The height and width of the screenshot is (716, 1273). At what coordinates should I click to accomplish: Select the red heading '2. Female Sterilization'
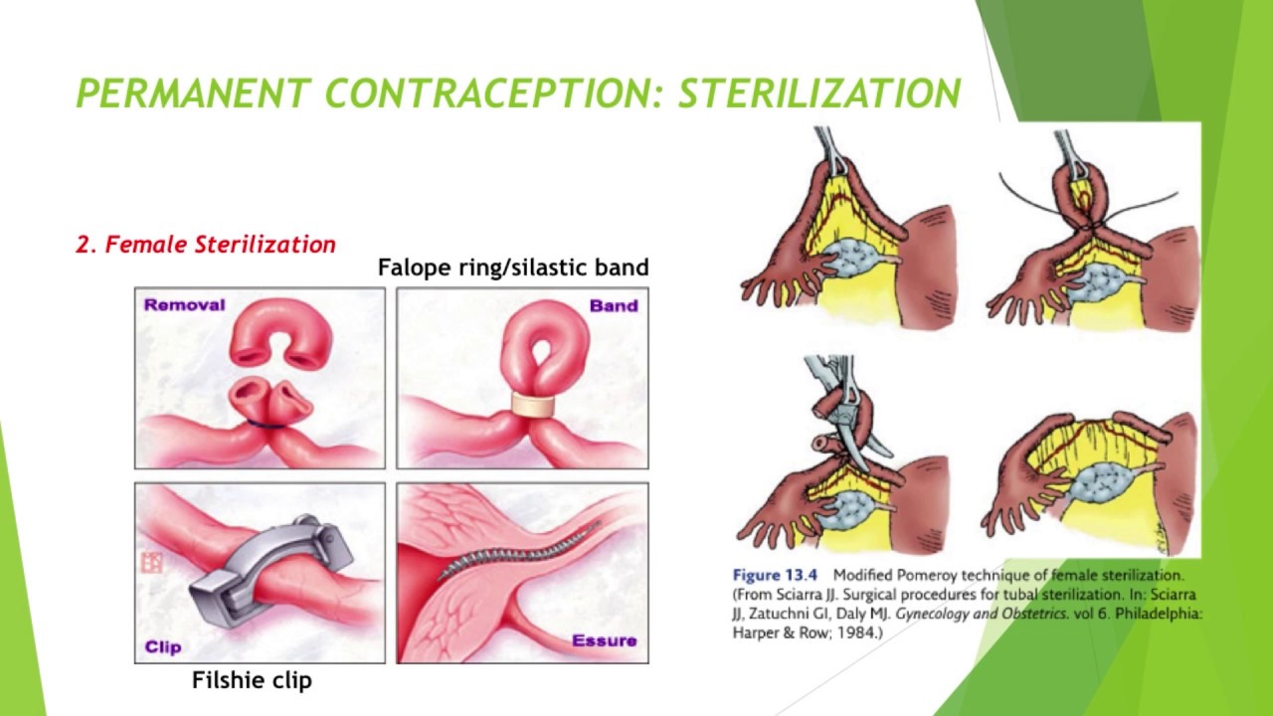pos(206,245)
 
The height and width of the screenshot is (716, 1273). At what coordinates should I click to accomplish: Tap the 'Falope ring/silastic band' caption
pos(513,268)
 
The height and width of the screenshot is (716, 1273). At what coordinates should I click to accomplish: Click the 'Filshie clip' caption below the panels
pos(252,681)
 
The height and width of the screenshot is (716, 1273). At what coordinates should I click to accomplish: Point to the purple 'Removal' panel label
pos(184,305)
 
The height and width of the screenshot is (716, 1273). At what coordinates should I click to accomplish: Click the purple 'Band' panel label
pos(613,306)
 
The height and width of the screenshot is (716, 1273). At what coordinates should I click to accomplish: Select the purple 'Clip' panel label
pos(163,646)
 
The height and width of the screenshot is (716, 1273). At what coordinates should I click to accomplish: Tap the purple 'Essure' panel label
pos(604,641)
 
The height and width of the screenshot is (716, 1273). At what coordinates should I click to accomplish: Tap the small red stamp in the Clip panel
pos(151,563)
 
